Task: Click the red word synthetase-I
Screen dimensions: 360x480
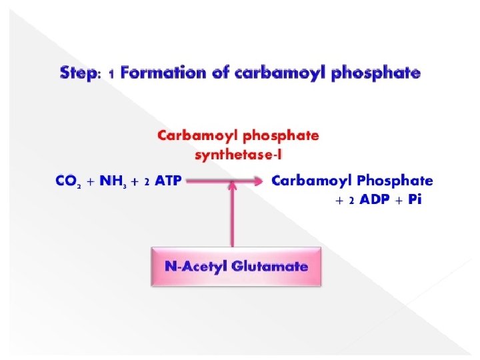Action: tap(237, 155)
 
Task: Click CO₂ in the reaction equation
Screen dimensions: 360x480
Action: tap(68, 181)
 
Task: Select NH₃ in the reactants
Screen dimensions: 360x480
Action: tap(114, 181)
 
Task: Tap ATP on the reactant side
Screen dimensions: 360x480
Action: tap(168, 181)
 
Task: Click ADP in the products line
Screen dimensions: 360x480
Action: tap(378, 200)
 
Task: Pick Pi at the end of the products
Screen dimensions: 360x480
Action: tap(415, 200)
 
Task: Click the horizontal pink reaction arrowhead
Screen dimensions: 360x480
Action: tap(255, 181)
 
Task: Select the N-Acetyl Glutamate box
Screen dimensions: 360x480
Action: tap(237, 267)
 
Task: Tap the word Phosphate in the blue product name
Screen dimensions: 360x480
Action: tap(395, 181)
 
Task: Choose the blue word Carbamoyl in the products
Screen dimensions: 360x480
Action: tap(313, 181)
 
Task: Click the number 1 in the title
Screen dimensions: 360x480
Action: tap(111, 73)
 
